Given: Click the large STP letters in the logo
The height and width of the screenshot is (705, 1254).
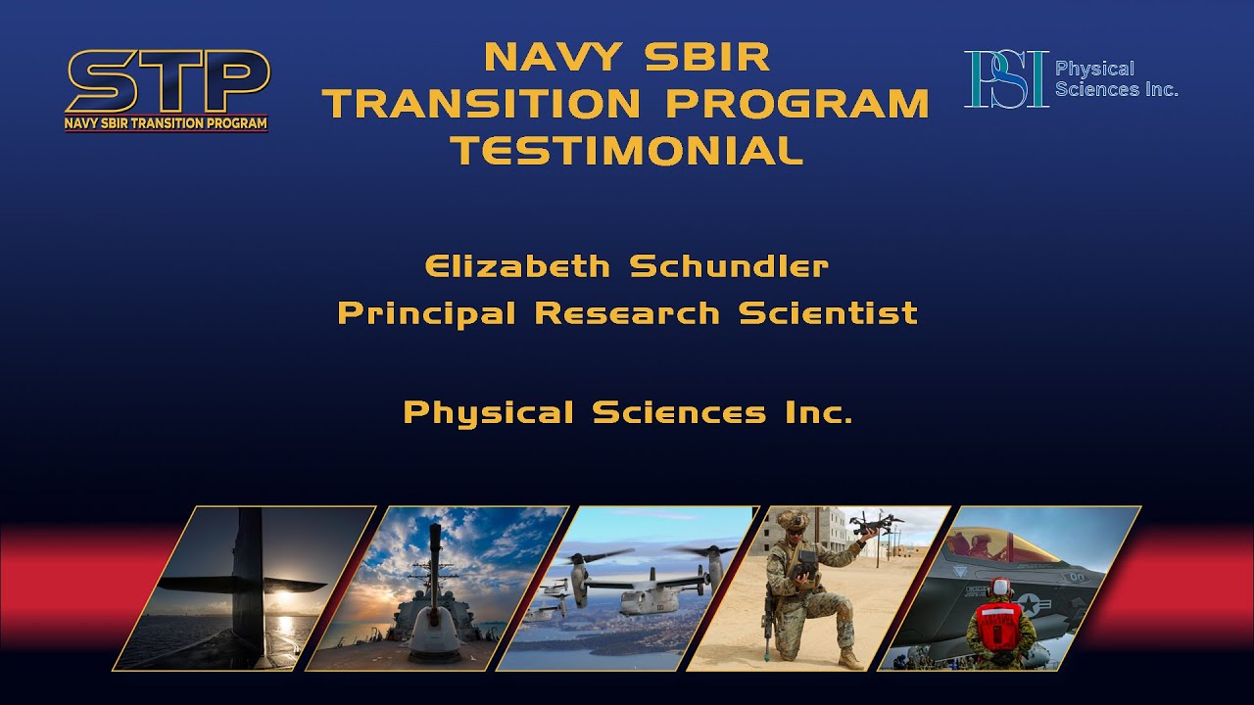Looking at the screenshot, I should point(167,82).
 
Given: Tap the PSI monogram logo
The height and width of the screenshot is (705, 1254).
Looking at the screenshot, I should point(1005,79).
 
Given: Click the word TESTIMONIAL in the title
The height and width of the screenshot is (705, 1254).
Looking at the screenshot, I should point(627,150).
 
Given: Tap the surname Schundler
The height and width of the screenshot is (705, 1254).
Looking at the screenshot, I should point(729,265).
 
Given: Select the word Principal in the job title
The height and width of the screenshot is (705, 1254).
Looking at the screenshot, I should point(427,313).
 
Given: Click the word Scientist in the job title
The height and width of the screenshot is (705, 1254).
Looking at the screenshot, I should point(828,313).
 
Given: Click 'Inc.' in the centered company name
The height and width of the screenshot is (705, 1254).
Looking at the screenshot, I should point(818,412).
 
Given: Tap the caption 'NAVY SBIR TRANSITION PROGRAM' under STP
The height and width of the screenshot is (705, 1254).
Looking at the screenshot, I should point(166,123).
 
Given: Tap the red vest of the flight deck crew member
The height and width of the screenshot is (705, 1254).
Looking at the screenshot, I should point(1000,621).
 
